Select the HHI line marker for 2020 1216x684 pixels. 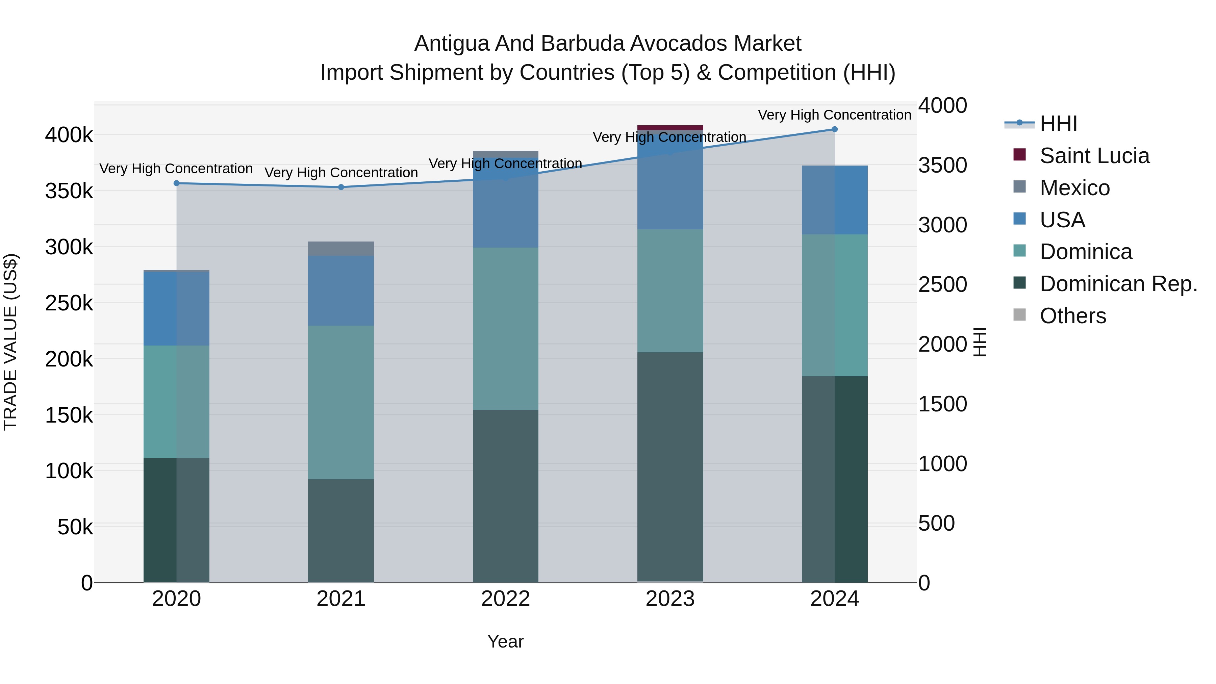click(x=177, y=183)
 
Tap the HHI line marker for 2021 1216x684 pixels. click(x=341, y=187)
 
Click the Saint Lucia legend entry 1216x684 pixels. click(x=1094, y=156)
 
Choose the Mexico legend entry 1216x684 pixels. click(x=1074, y=188)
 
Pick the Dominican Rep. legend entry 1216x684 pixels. click(x=1118, y=284)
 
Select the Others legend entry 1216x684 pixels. click(x=1072, y=316)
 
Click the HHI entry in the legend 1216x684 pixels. click(x=1058, y=124)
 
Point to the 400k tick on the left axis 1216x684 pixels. click(x=69, y=135)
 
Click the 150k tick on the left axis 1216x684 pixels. click(x=69, y=415)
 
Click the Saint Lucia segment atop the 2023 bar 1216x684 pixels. click(x=670, y=127)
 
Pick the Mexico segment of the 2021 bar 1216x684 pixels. click(x=341, y=249)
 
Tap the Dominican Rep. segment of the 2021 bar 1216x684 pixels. click(x=341, y=531)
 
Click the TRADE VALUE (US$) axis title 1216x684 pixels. click(x=10, y=342)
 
